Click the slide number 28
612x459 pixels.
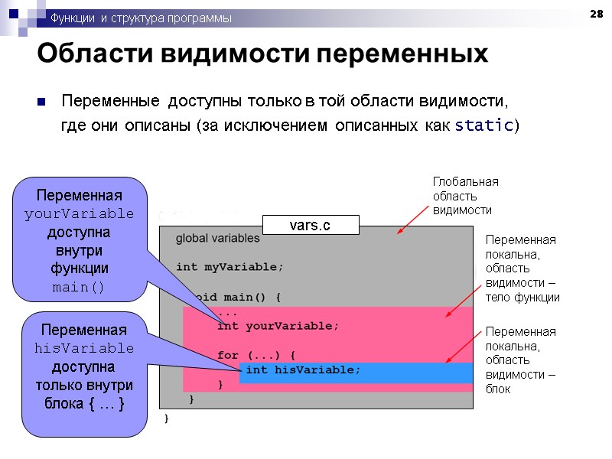click(x=597, y=15)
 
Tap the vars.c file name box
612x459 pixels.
click(x=311, y=225)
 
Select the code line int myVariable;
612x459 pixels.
click(x=229, y=267)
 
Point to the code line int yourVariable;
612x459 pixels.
click(x=278, y=326)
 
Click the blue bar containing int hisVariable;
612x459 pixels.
click(x=356, y=373)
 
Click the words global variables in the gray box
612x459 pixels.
click(x=217, y=239)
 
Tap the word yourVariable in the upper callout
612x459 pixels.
click(x=80, y=213)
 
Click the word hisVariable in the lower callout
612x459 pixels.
click(x=84, y=349)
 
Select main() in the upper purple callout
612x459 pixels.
click(x=80, y=288)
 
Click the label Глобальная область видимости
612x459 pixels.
click(x=465, y=195)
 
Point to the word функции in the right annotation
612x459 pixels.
click(x=532, y=298)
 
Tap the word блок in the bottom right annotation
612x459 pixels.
click(x=498, y=389)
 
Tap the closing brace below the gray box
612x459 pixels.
click(x=167, y=418)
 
